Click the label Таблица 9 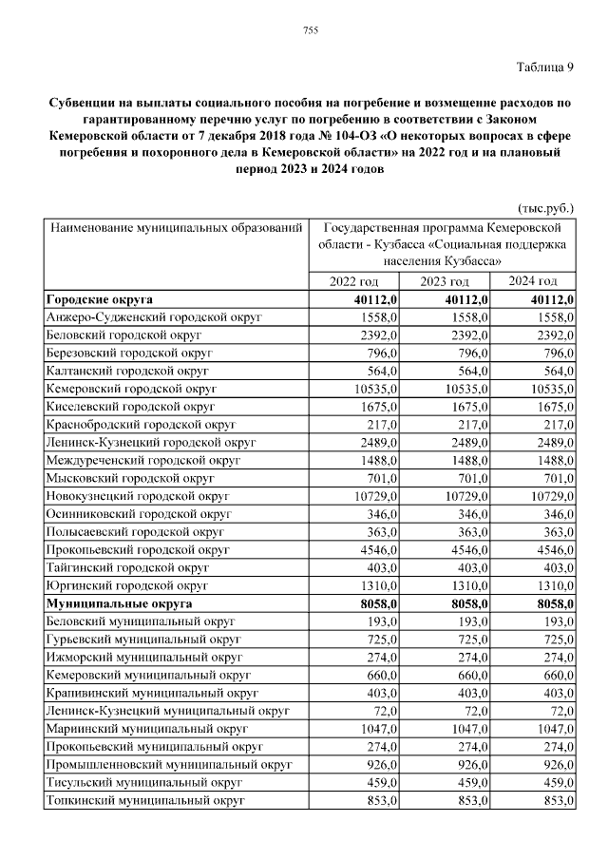pyautogui.click(x=544, y=67)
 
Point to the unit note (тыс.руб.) pyautogui.click(x=545, y=206)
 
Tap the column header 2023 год pyautogui.click(x=445, y=282)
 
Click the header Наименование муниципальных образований pyautogui.click(x=177, y=229)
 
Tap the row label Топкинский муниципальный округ pyautogui.click(x=145, y=800)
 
